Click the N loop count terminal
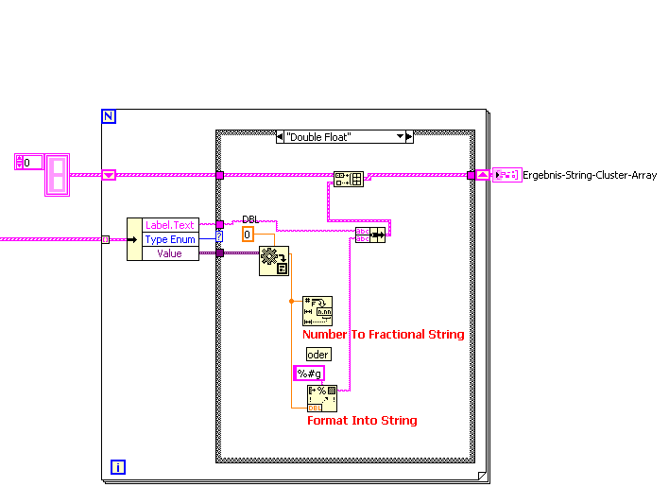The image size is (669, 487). (x=108, y=116)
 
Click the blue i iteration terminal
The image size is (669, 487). (x=118, y=466)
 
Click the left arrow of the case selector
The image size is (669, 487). (x=281, y=137)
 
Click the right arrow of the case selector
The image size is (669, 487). (x=408, y=137)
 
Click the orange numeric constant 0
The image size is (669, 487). (x=248, y=235)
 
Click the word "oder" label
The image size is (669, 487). (x=318, y=354)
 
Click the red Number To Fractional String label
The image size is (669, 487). (x=383, y=334)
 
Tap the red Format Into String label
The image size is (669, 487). (x=362, y=420)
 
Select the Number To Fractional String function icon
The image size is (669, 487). (x=317, y=310)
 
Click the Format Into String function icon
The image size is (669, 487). (x=322, y=398)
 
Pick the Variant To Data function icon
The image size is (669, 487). (x=273, y=262)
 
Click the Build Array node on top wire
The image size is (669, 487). (x=349, y=179)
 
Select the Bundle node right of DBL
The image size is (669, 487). (x=369, y=235)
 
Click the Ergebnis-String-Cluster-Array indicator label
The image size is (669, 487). (x=590, y=175)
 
